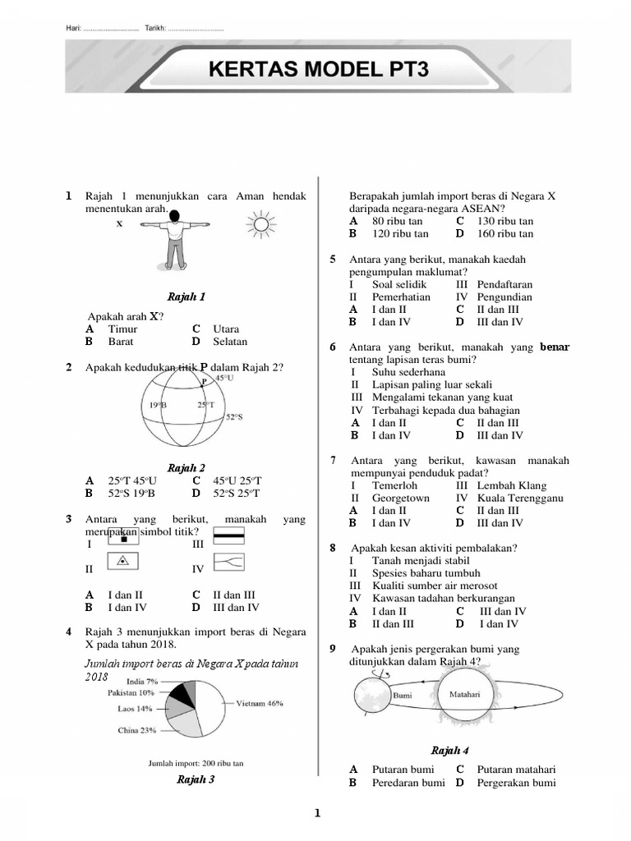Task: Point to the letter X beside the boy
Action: tap(119, 223)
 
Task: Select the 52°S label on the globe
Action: tap(235, 417)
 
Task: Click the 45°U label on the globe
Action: tap(224, 378)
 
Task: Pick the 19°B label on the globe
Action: tap(159, 405)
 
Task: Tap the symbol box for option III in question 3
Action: tap(230, 537)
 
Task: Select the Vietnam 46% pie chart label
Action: tap(260, 703)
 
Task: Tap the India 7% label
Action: tap(142, 681)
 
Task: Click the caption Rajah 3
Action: tap(196, 779)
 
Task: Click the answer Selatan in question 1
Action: tap(230, 342)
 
